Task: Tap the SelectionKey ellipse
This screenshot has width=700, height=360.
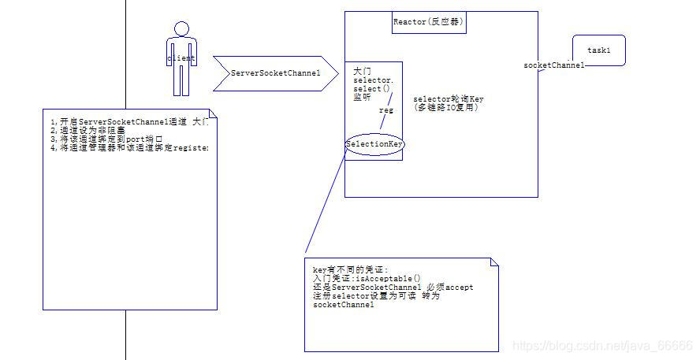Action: coord(376,145)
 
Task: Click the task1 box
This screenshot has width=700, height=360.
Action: coord(598,50)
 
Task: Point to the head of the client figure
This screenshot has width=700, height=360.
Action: coord(181,30)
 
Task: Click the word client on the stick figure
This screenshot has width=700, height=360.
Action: coord(181,58)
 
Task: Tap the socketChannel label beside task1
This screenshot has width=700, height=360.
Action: coord(553,65)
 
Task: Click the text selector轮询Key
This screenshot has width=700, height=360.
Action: coord(449,99)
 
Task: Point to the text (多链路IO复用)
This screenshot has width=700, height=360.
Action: coord(445,107)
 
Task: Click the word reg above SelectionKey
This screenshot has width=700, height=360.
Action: coord(385,110)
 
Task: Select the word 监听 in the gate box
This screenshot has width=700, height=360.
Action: coord(362,97)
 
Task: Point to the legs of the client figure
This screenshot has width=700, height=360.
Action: coord(181,80)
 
